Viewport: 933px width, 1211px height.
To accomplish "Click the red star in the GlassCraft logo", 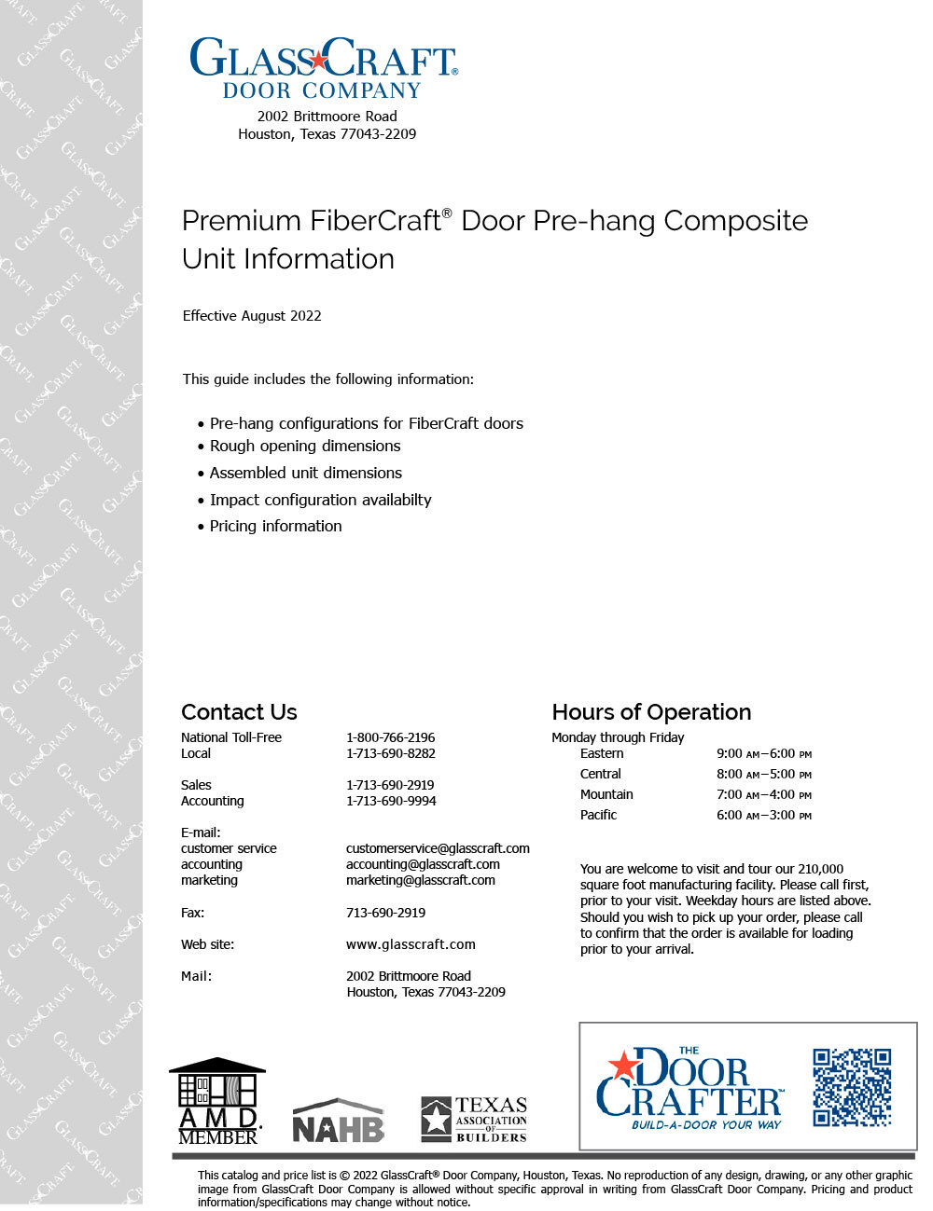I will (x=319, y=61).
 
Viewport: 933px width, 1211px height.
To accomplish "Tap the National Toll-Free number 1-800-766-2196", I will (x=390, y=737).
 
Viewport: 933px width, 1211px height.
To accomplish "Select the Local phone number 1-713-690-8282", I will (x=390, y=753).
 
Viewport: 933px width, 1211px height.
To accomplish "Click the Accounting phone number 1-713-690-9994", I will (x=390, y=801).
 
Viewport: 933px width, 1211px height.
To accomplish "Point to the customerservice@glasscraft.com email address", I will (x=438, y=848).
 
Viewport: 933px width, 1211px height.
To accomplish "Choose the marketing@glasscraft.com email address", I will (x=420, y=880).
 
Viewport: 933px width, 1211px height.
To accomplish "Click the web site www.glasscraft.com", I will (x=411, y=944).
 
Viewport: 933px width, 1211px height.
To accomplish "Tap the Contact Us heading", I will (x=239, y=712).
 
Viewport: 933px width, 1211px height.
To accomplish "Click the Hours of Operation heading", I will (x=651, y=712).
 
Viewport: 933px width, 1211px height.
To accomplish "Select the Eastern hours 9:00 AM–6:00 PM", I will (x=763, y=753).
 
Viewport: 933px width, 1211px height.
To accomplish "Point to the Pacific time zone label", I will (x=598, y=815).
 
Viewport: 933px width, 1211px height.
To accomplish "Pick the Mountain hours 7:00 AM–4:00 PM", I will (x=763, y=794).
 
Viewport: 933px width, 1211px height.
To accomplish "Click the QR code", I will (x=852, y=1088).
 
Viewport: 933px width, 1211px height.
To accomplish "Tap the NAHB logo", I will (x=339, y=1121).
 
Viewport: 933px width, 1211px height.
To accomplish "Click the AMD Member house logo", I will (x=217, y=1100).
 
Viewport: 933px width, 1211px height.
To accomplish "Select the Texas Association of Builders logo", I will (x=473, y=1120).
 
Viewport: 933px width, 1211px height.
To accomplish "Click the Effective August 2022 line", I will (x=252, y=316).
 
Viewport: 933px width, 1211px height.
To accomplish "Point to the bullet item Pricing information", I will (x=275, y=527).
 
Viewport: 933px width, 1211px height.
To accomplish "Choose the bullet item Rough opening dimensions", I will (x=305, y=447).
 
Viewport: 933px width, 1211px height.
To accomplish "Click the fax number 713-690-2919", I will (x=385, y=913).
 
